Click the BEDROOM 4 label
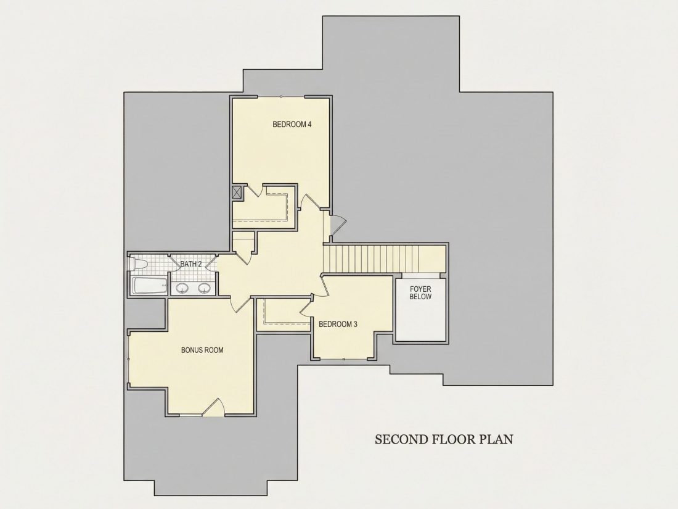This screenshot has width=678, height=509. click(x=292, y=124)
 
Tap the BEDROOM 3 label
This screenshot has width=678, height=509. click(x=338, y=324)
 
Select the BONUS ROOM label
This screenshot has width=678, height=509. click(x=202, y=350)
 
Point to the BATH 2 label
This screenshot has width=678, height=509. click(x=190, y=264)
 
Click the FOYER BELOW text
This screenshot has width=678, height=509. click(x=420, y=292)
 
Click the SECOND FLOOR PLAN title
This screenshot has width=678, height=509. click(x=444, y=439)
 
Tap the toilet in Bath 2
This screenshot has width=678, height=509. click(x=138, y=263)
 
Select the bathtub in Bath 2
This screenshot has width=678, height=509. click(x=149, y=286)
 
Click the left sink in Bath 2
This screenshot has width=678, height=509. click(x=182, y=288)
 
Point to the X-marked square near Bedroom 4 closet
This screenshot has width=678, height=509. click(x=237, y=192)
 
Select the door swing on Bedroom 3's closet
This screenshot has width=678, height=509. click(x=306, y=305)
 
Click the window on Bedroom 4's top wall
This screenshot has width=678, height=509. click(x=281, y=96)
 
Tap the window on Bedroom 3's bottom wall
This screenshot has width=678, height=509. click(x=343, y=359)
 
